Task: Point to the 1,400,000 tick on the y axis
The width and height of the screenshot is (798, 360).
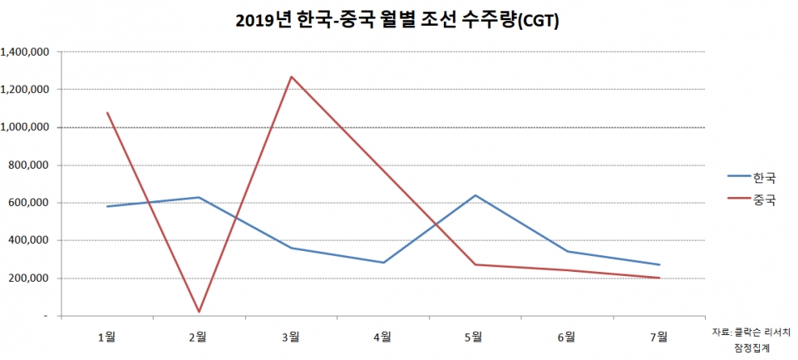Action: pyautogui.click(x=27, y=52)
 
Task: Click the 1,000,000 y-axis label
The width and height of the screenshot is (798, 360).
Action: pyautogui.click(x=27, y=127)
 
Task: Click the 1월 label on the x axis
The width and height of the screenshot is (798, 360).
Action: pyautogui.click(x=106, y=336)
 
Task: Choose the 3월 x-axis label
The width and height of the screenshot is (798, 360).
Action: pyautogui.click(x=290, y=336)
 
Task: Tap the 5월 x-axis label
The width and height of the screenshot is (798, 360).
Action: pyautogui.click(x=474, y=336)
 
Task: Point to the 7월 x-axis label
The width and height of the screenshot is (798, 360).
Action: pyautogui.click(x=658, y=336)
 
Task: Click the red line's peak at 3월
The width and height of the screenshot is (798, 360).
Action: pyautogui.click(x=291, y=76)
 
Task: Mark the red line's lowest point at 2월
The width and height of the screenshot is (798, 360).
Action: pyautogui.click(x=199, y=312)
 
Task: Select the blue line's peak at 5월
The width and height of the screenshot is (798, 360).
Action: pyautogui.click(x=475, y=195)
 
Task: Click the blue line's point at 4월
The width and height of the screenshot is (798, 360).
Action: pyautogui.click(x=382, y=263)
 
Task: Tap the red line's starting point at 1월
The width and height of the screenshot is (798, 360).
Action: pyautogui.click(x=107, y=112)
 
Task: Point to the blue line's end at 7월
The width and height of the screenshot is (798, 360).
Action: pyautogui.click(x=658, y=264)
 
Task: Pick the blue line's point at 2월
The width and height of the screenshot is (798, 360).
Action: pyautogui.click(x=199, y=197)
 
